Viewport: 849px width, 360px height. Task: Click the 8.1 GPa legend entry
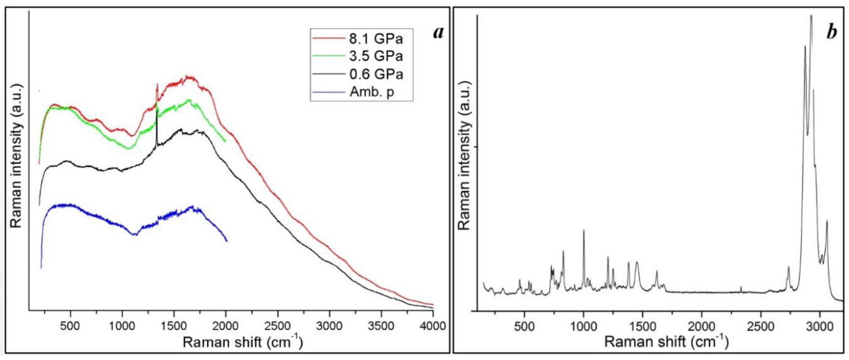[376, 39]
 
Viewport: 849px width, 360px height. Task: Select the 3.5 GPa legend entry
[376, 56]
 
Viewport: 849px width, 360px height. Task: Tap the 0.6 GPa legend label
[376, 74]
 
